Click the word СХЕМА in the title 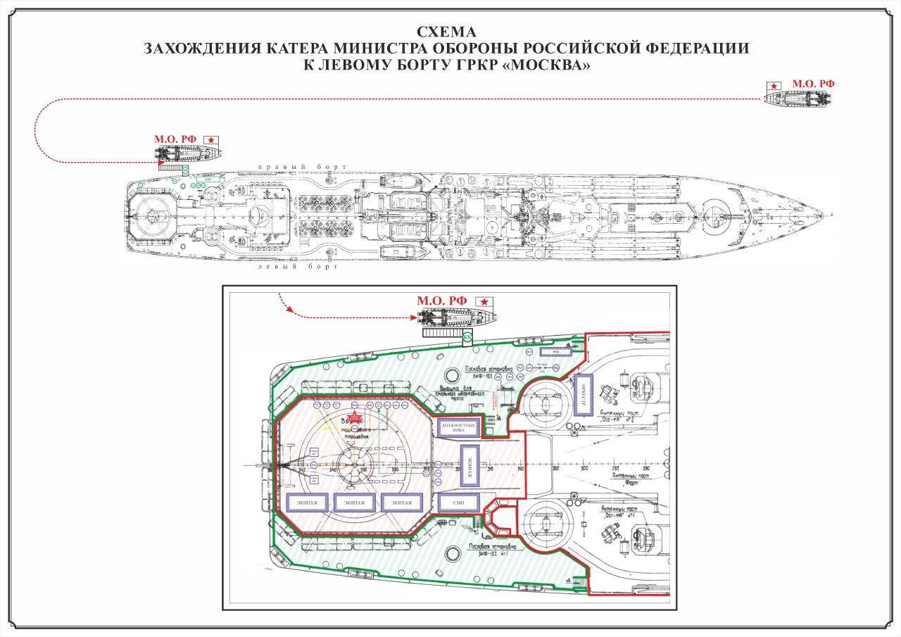(446, 32)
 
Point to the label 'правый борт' (302, 167)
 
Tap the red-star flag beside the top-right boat (774, 85)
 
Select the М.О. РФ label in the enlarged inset (441, 301)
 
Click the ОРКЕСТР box (584, 395)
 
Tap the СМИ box (458, 503)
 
